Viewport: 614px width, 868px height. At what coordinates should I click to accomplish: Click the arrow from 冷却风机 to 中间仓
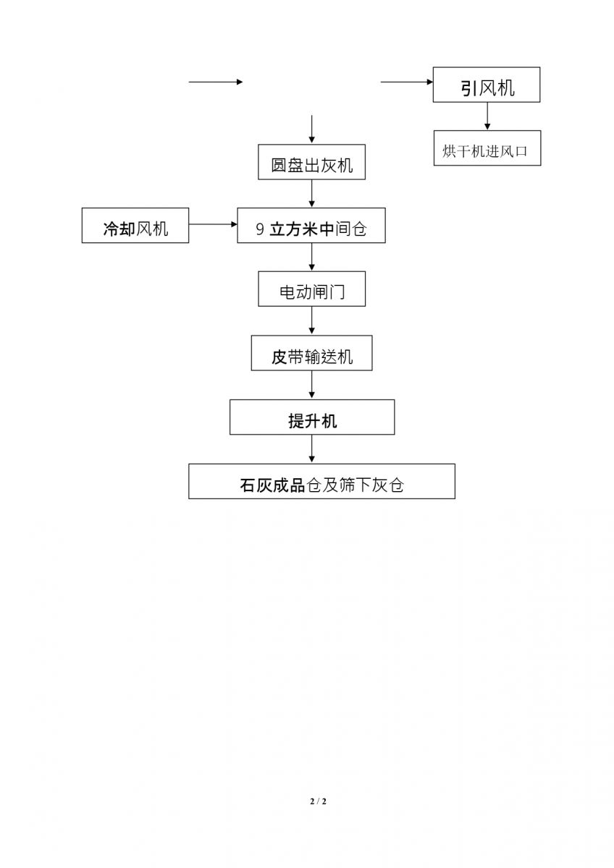pos(213,224)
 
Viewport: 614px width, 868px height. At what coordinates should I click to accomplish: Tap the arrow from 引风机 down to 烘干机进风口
pos(487,116)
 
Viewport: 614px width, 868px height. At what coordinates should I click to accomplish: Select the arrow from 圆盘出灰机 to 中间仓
pos(312,193)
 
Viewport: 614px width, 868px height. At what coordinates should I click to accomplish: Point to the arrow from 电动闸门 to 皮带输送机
pos(312,321)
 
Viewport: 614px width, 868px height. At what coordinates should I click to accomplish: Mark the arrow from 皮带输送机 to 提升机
pos(312,385)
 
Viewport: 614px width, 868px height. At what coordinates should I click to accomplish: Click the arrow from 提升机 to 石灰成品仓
pos(312,449)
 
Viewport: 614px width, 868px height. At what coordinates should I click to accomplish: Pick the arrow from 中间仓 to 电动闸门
pos(312,257)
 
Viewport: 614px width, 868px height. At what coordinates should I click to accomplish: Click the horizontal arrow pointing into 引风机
pos(407,82)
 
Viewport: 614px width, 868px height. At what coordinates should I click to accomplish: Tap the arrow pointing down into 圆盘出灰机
pos(312,129)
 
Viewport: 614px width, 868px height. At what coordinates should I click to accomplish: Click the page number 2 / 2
pos(318,801)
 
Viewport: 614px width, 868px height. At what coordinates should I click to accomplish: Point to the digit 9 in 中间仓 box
pos(260,229)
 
